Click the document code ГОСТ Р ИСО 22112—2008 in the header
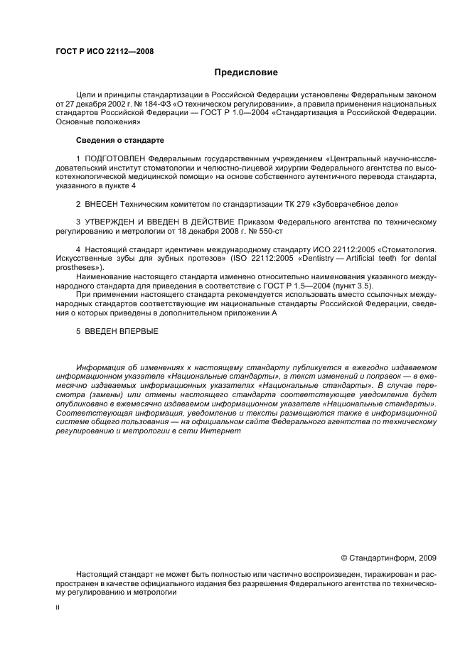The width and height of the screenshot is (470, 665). click(104, 52)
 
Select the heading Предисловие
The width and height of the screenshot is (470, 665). click(246, 72)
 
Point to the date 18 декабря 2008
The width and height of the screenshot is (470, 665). click(205, 232)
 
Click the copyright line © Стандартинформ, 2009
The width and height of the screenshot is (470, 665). click(388, 557)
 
